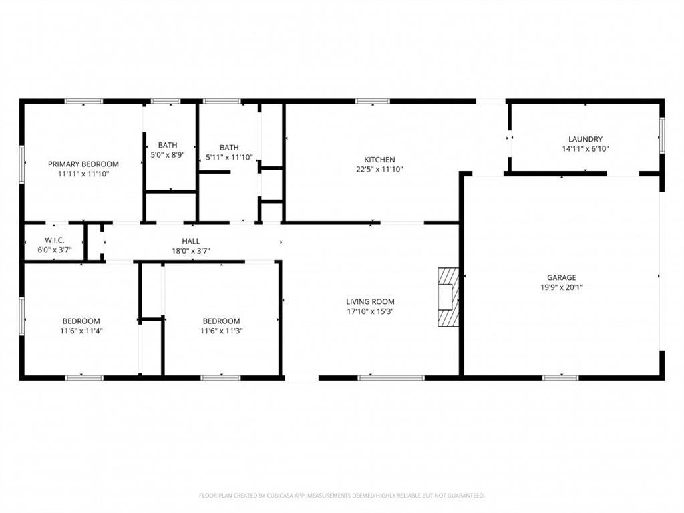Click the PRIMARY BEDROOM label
[83, 164]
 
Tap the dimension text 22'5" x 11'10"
[379, 170]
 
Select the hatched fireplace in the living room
[449, 297]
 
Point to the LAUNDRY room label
[585, 140]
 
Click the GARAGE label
[561, 277]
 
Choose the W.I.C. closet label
[55, 240]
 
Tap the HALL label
[191, 242]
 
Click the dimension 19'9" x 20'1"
[561, 287]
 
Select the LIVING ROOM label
[370, 301]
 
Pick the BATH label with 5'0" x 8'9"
[168, 145]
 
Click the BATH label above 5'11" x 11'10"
[229, 148]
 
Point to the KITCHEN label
[379, 160]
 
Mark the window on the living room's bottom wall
[391, 378]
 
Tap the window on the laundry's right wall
[662, 135]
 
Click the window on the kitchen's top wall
[373, 101]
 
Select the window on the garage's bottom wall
[560, 378]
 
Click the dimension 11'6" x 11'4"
[81, 331]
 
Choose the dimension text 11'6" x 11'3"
[221, 331]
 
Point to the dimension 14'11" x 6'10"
[585, 149]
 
